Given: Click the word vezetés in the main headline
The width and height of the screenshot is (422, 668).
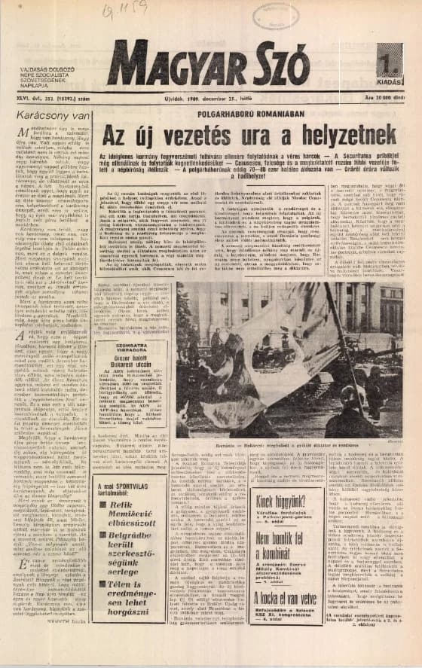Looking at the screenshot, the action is [x=206, y=136].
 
